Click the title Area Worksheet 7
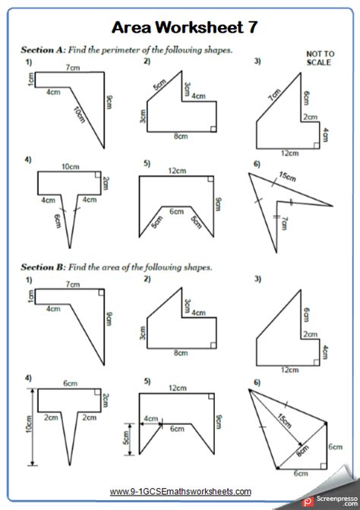185,27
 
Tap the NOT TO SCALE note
320,58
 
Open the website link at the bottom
180,491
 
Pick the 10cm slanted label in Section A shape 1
79,115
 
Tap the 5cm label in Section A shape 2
160,84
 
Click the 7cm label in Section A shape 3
274,94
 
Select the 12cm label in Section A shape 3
289,153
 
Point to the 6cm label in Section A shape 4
58,221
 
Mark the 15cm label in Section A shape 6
287,177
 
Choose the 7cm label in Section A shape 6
284,223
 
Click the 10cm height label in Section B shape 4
29,424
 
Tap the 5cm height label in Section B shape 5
125,438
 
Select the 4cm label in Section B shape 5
150,419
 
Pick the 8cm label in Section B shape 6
302,451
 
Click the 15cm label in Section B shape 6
284,420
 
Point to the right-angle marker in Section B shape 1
101,292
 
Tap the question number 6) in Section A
257,164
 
